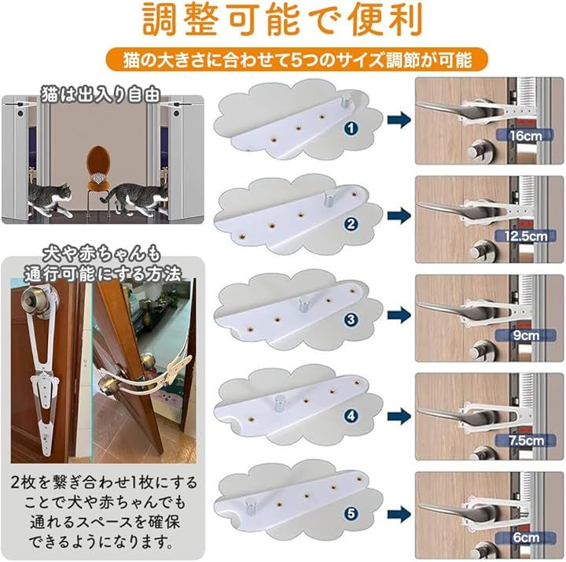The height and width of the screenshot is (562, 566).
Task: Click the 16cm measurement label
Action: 525,135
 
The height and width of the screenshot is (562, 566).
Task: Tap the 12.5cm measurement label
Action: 526,236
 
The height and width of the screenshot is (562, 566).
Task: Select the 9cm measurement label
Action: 526,335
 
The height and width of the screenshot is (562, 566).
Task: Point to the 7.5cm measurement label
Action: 526,440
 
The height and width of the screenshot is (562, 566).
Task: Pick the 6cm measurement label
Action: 526,537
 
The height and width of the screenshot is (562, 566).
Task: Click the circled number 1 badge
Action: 351,128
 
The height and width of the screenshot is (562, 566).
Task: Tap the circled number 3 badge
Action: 351,319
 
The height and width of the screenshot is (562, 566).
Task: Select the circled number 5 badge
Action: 351,513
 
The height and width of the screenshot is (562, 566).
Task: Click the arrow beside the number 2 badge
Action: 399,216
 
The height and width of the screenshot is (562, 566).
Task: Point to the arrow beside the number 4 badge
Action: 399,416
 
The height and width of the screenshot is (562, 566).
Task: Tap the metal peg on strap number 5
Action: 251,507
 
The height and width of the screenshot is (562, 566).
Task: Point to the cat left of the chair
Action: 50,198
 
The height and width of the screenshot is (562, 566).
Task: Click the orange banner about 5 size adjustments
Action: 296,59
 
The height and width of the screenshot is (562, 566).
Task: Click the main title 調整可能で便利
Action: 282,19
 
